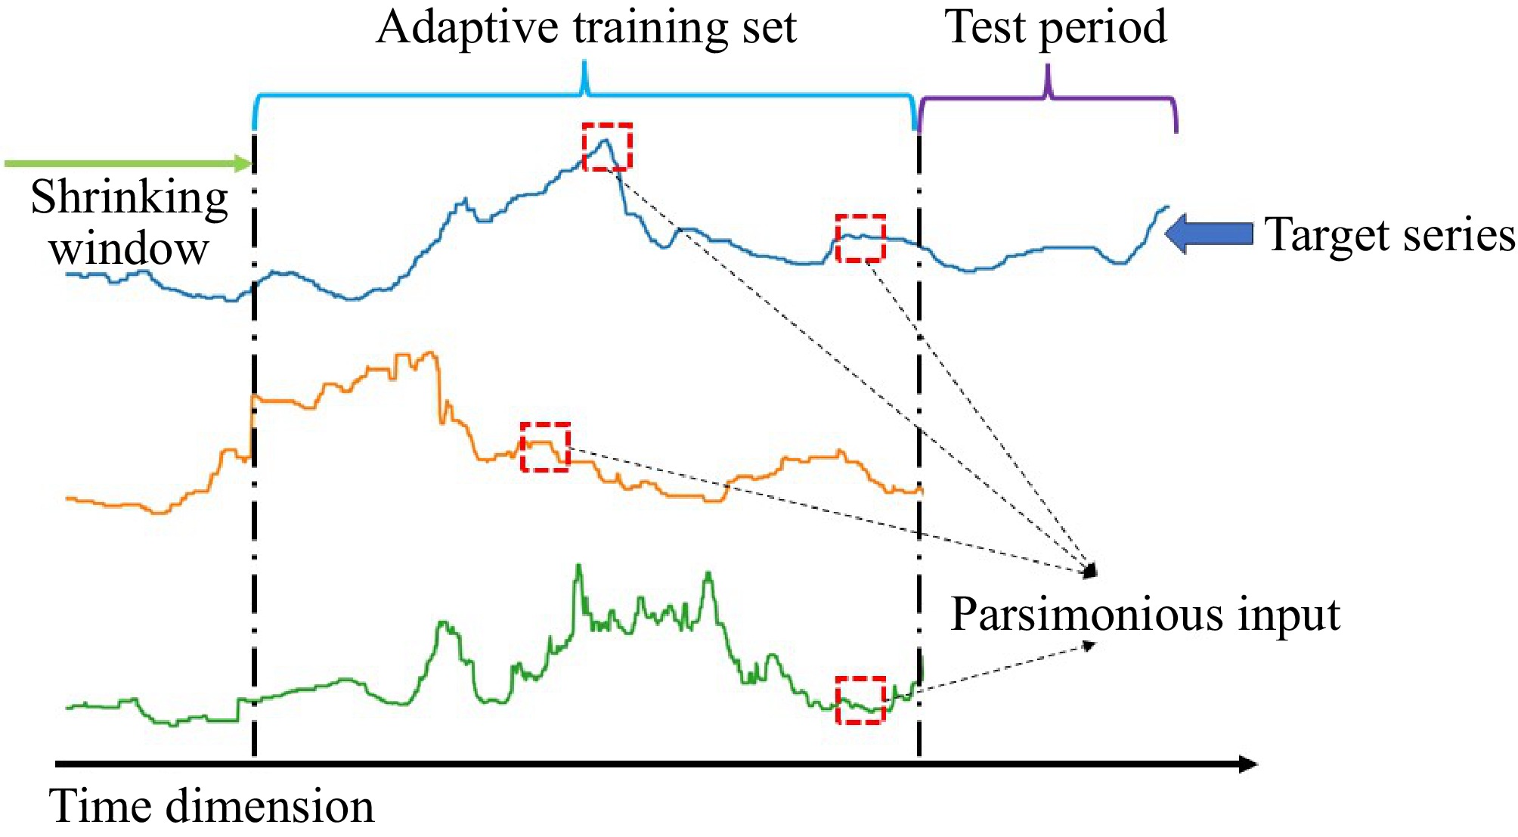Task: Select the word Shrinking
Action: (129, 198)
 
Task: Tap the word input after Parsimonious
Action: (1288, 615)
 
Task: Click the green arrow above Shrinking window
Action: (129, 163)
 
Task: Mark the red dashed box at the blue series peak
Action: (607, 147)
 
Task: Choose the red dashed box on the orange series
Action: (545, 447)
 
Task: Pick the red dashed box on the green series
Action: (860, 700)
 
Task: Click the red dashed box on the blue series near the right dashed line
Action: (860, 238)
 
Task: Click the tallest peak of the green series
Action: (579, 567)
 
